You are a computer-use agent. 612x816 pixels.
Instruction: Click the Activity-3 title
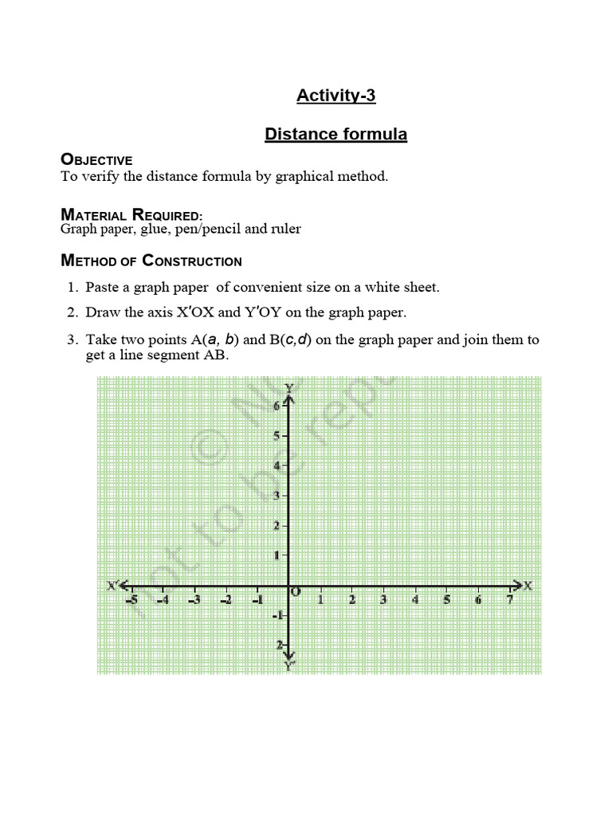(335, 96)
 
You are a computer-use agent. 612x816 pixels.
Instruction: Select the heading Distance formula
(335, 135)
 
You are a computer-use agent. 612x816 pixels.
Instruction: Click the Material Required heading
(131, 214)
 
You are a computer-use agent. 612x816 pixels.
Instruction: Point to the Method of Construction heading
(151, 261)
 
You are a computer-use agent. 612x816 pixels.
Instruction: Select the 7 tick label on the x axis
(509, 600)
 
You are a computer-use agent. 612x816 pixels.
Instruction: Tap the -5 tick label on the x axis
(131, 600)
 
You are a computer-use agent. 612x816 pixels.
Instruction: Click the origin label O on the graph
(296, 592)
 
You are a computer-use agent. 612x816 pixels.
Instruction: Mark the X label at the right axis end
(528, 586)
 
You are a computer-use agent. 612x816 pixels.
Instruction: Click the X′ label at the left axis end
(113, 586)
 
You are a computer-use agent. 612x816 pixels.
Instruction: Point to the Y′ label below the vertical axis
(288, 664)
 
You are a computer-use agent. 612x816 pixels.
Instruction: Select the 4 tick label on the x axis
(414, 600)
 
